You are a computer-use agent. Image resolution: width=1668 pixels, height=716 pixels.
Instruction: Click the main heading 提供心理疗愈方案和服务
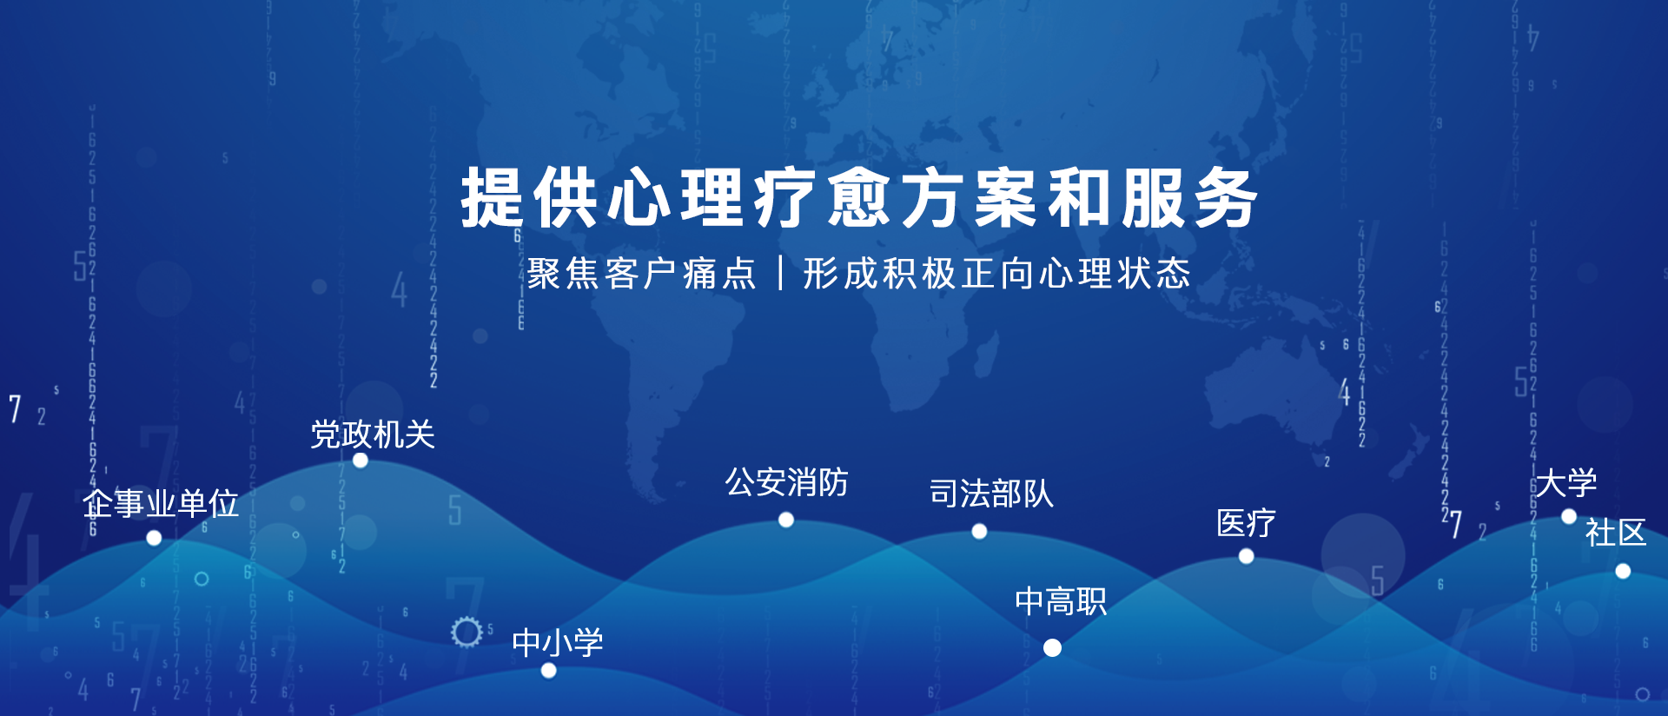(x=859, y=198)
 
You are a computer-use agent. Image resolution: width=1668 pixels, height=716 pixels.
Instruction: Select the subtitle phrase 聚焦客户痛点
(x=642, y=274)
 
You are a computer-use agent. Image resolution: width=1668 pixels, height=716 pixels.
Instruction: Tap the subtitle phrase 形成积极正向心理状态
(x=996, y=274)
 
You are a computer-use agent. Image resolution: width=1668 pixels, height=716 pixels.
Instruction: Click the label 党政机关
(x=373, y=434)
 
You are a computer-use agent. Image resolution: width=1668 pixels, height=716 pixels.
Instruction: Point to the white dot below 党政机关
(x=361, y=461)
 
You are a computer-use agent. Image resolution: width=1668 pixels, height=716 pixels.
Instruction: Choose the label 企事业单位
(x=161, y=503)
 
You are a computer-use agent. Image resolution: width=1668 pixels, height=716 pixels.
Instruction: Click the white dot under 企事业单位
(x=154, y=538)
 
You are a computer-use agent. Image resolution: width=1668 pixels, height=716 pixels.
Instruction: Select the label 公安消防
(x=787, y=482)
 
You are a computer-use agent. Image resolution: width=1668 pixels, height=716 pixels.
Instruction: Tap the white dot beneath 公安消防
(x=786, y=520)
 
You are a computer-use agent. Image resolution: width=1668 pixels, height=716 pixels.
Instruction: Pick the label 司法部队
(x=991, y=494)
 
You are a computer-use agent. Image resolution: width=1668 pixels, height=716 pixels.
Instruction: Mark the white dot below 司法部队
(x=979, y=531)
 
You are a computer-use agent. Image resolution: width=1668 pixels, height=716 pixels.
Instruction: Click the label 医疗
(x=1246, y=523)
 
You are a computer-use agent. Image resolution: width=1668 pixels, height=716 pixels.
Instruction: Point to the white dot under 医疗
(x=1246, y=556)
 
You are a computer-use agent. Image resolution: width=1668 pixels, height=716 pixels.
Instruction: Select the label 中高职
(x=1061, y=601)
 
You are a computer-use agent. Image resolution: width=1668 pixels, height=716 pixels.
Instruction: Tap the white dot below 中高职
(x=1052, y=647)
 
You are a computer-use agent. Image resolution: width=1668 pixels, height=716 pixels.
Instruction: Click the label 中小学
(x=558, y=643)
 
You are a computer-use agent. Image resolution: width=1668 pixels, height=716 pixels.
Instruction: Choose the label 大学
(x=1565, y=483)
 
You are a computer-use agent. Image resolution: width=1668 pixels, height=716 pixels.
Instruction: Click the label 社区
(x=1616, y=532)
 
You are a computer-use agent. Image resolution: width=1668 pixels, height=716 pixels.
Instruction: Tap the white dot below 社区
(x=1623, y=571)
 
